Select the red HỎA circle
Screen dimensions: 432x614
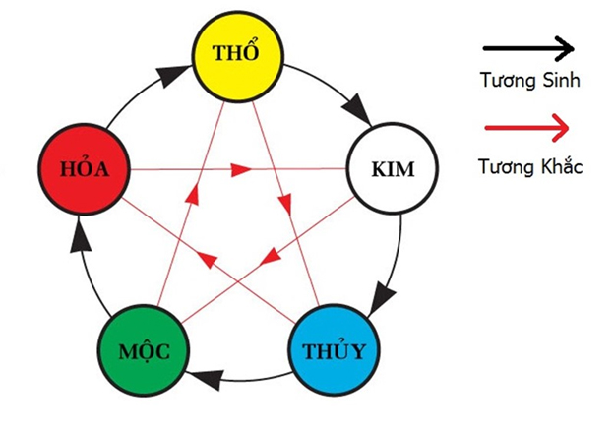pos(86,169)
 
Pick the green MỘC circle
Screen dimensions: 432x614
pos(144,351)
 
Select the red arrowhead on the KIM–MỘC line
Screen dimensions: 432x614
pos(267,260)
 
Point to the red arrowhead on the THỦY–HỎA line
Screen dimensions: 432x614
pos(207,260)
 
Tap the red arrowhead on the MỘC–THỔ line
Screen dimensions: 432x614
pos(189,205)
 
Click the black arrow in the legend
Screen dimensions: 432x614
pos(528,46)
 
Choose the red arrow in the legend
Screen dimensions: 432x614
pos(528,128)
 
